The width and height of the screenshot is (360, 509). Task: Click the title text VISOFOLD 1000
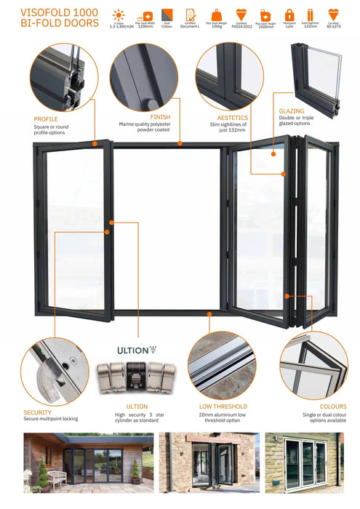50,12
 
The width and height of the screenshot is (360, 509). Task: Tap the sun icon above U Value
117,14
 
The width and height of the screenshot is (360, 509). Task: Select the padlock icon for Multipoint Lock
289,14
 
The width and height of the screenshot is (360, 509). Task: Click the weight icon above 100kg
216,14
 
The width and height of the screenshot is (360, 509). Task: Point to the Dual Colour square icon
167,14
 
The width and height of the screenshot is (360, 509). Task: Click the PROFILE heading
47,119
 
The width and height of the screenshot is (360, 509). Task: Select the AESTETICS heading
233,117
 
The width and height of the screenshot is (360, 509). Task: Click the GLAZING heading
292,111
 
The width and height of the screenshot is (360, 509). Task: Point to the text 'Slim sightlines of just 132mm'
233,127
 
